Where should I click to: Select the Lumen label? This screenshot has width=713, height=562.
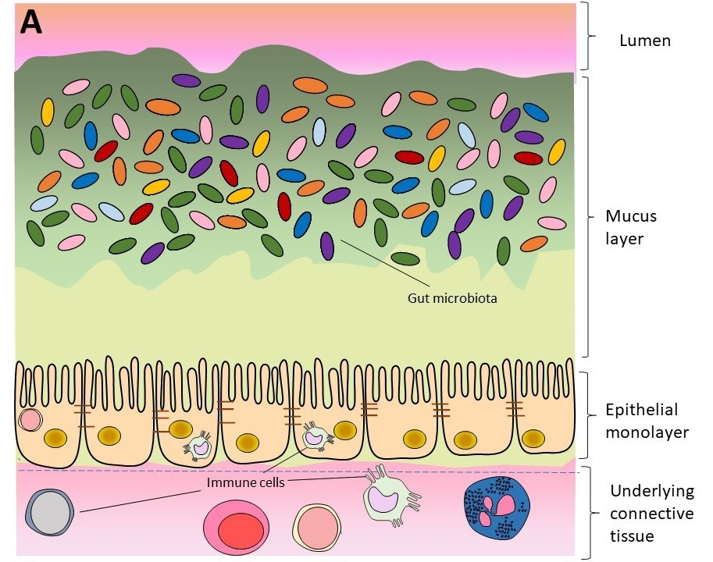644,41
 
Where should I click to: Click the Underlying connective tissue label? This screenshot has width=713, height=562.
651,514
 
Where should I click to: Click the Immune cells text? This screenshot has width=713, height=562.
244,482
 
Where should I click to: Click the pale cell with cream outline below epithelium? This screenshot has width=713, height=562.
316,526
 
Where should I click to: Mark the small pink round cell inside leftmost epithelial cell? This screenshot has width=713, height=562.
30,419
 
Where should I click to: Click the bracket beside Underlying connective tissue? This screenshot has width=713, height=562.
589,513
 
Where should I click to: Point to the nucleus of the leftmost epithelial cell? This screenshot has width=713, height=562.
55,439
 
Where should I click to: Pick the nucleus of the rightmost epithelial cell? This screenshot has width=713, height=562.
533,439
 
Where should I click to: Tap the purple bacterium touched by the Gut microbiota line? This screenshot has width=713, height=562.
327,246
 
